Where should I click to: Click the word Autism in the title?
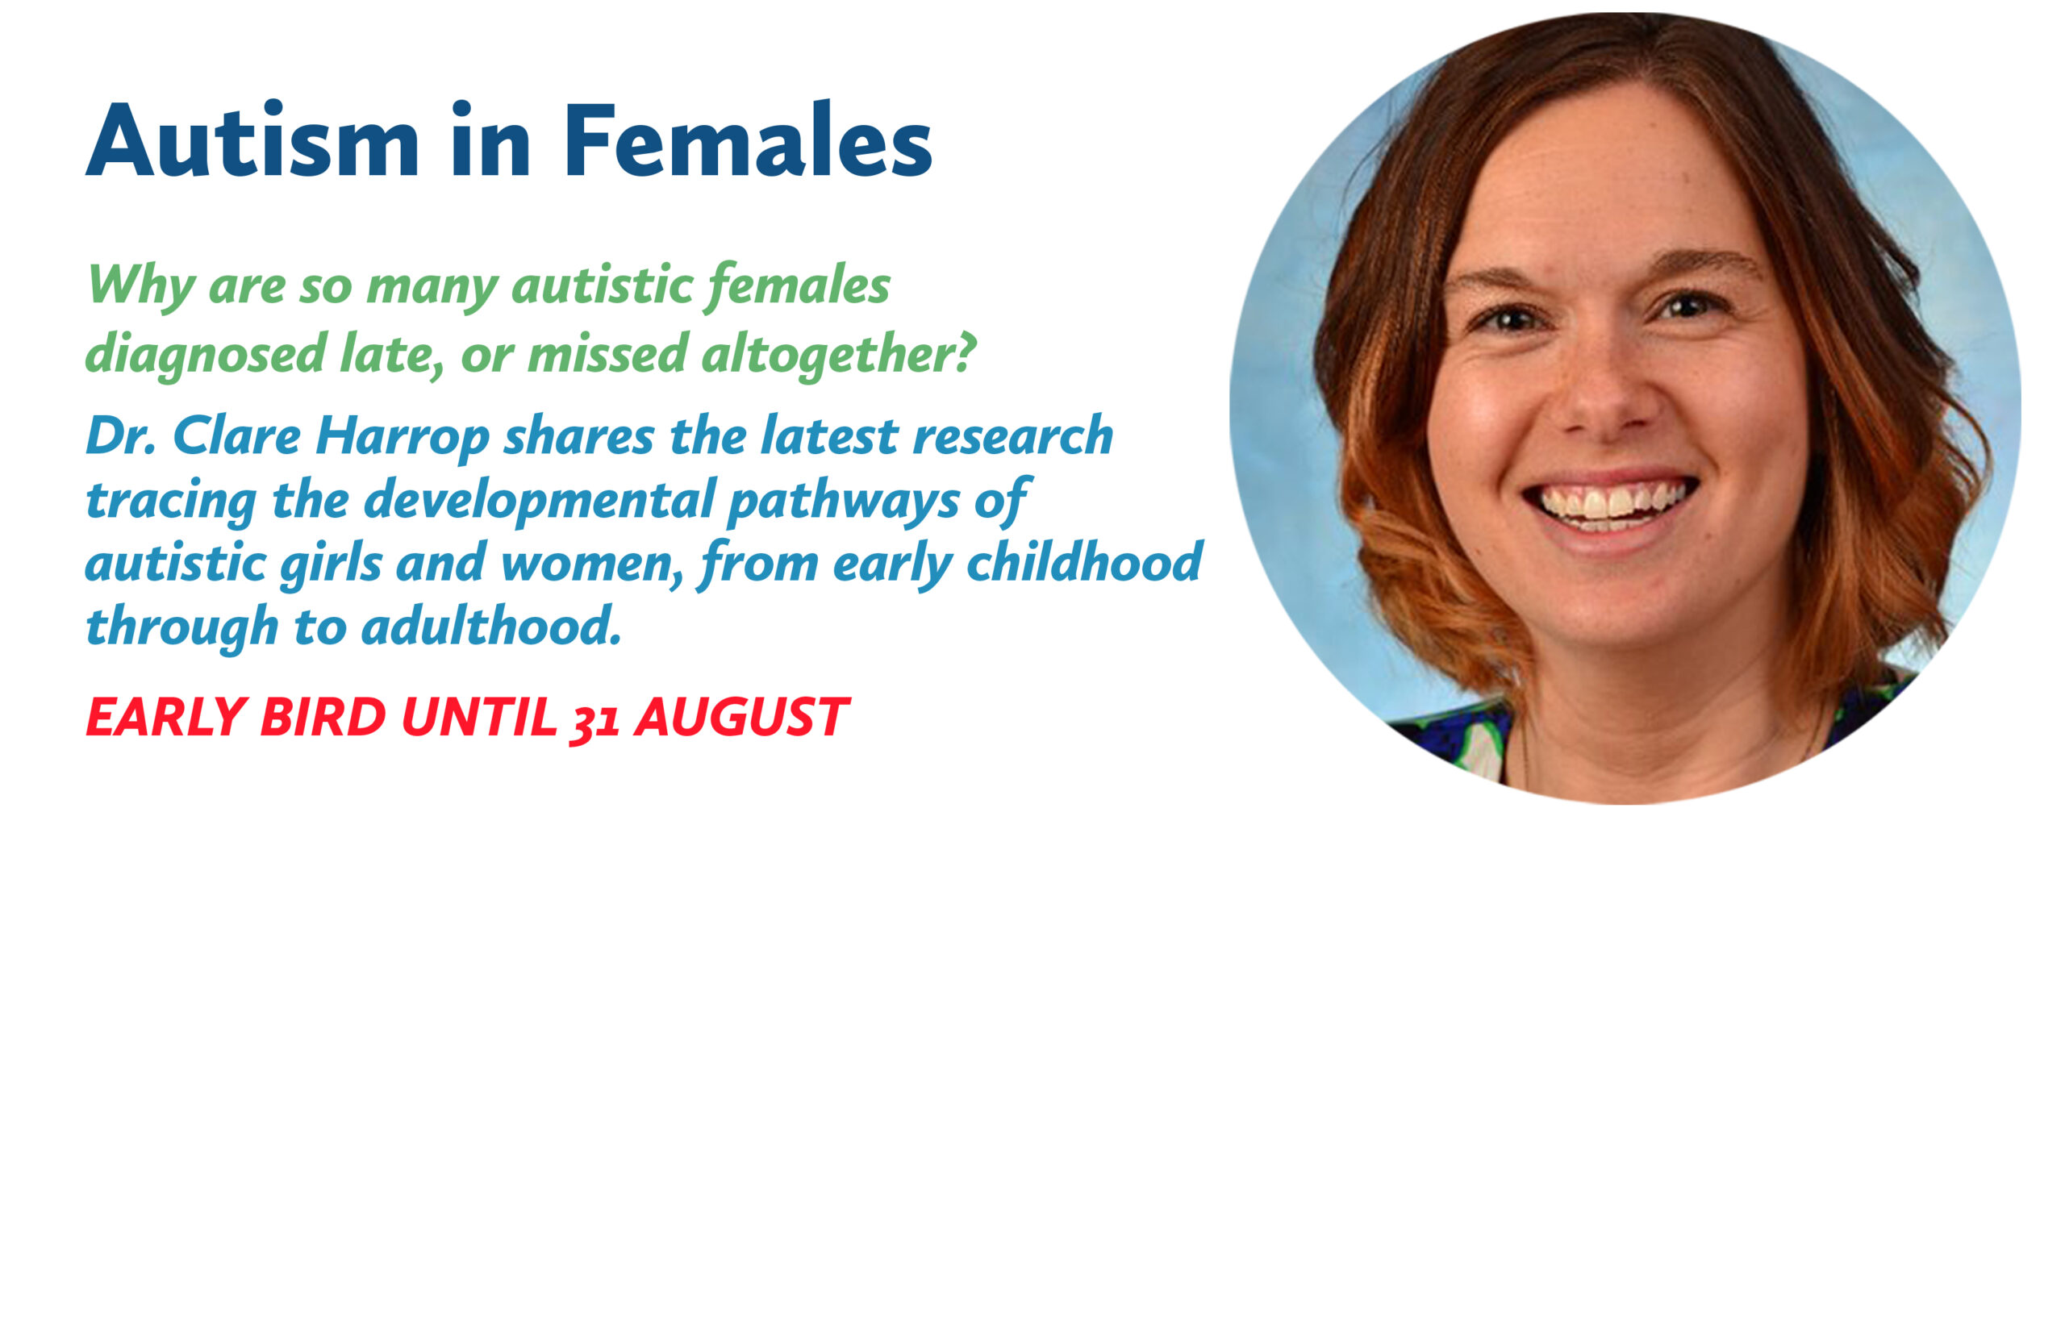pos(252,140)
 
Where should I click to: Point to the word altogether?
pos(838,354)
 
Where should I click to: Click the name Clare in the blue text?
pos(236,435)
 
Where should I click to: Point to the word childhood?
pos(1085,562)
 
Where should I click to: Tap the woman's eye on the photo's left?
pos(1511,319)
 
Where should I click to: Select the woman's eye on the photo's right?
pos(1691,306)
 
